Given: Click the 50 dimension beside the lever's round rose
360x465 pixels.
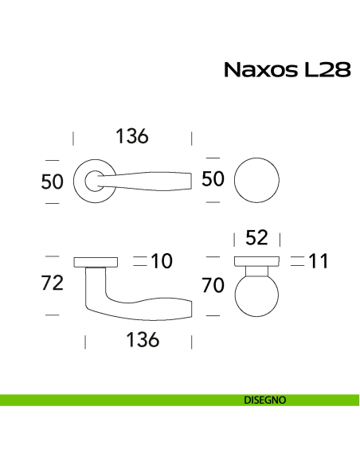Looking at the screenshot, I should [x=52, y=182].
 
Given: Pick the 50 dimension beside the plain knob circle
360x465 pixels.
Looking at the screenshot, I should [x=213, y=179].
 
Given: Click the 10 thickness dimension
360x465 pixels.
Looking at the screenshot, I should [x=162, y=260].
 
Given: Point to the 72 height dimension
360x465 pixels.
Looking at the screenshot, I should [x=52, y=284].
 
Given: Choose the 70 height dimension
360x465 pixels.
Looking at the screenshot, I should [x=213, y=285].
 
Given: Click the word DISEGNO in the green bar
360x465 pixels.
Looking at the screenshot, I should [x=260, y=400].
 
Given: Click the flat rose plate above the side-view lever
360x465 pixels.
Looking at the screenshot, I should [x=95, y=261].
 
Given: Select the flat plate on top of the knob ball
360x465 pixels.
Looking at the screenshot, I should [x=256, y=261].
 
